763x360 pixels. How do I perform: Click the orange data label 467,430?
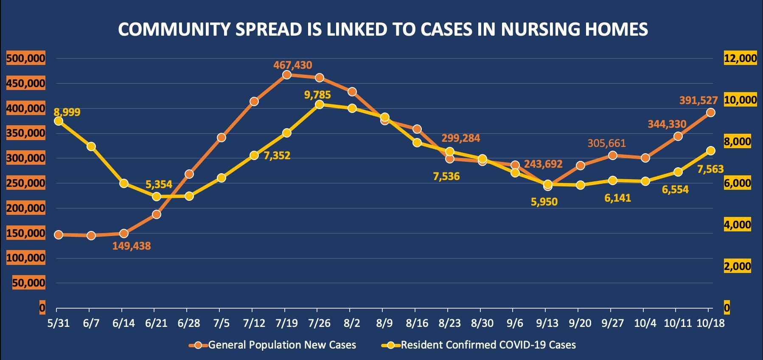point(292,65)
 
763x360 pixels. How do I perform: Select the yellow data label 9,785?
point(317,95)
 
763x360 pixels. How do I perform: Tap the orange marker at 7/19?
point(286,75)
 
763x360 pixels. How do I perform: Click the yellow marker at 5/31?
point(59,121)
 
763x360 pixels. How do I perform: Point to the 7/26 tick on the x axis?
point(319,323)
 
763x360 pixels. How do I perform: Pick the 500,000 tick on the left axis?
point(25,58)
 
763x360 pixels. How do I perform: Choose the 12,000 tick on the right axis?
point(740,58)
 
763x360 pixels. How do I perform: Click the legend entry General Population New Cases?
point(282,345)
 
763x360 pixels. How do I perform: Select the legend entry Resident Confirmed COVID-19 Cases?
point(488,345)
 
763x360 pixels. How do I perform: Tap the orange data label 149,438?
point(132,246)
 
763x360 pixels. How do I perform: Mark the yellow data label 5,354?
point(159,185)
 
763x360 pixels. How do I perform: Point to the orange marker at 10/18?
point(710,112)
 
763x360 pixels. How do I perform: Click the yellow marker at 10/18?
point(710,151)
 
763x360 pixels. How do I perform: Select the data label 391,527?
point(698,101)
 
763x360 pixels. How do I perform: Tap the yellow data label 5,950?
point(544,202)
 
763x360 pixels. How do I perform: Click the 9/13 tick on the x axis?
point(547,323)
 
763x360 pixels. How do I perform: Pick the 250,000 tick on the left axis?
point(25,183)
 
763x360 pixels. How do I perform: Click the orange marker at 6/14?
point(124,233)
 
